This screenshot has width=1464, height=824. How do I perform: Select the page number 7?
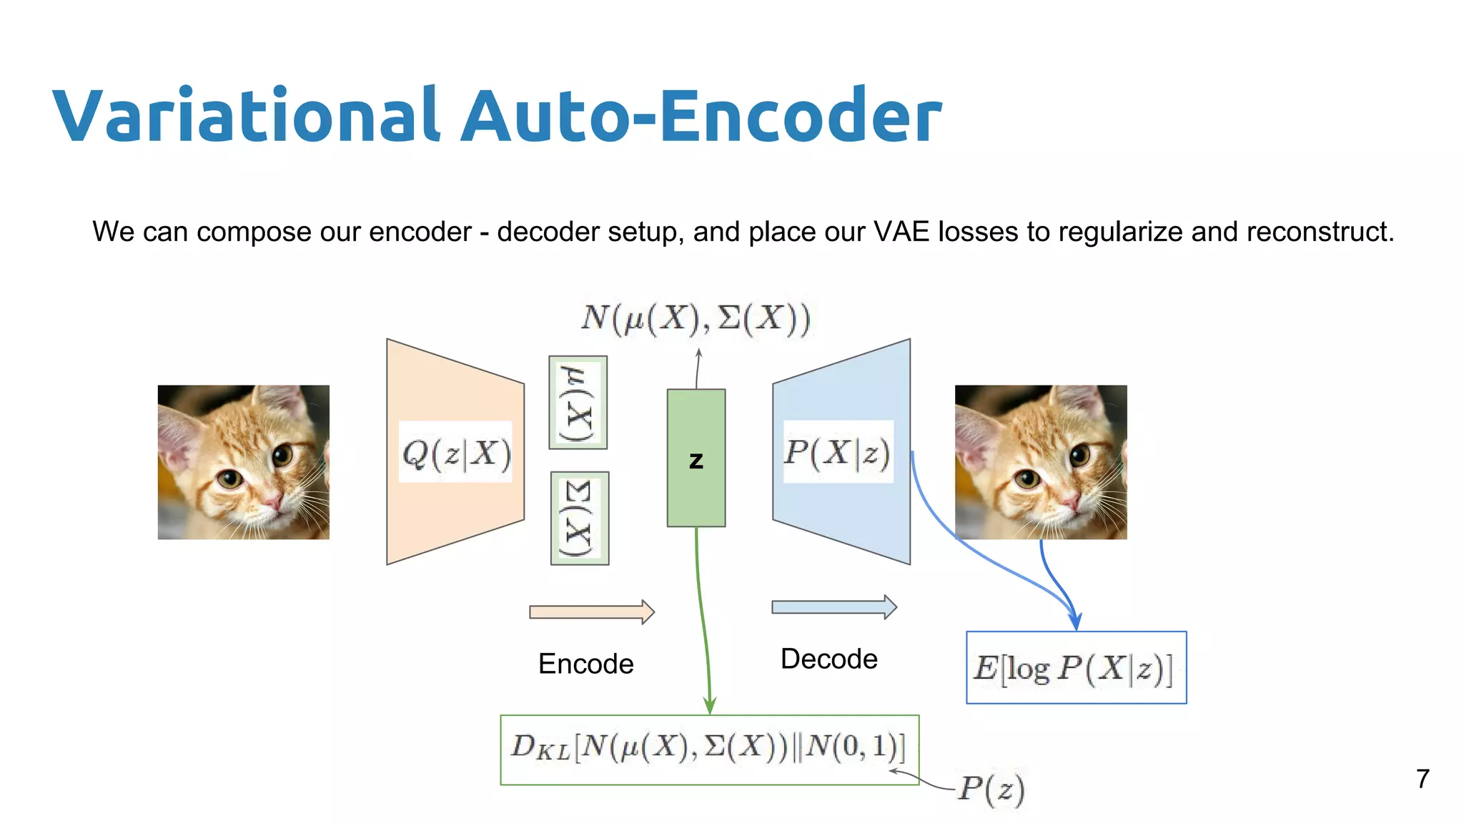[1423, 779]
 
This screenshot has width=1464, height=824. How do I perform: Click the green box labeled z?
[696, 458]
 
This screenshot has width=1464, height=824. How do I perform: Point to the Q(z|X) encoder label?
[456, 452]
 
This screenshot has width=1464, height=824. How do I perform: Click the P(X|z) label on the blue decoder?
[837, 452]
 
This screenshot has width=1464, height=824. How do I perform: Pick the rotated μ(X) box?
[578, 403]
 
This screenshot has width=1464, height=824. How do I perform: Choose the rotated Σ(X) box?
[579, 519]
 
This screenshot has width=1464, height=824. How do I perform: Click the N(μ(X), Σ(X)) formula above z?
[696, 318]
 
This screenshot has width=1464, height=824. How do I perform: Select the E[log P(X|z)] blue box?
[1075, 668]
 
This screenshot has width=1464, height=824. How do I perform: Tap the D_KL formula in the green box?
[708, 748]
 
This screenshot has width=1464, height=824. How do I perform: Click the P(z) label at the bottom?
[991, 789]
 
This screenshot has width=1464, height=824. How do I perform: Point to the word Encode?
[585, 664]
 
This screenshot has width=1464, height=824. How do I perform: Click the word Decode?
[829, 659]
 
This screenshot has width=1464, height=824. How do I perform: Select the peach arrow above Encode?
[591, 612]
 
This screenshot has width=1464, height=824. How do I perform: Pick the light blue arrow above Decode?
[834, 607]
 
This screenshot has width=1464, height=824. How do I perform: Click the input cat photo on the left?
[244, 462]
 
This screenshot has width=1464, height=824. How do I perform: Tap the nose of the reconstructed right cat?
[1070, 501]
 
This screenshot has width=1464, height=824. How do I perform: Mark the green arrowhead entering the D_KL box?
[709, 706]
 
